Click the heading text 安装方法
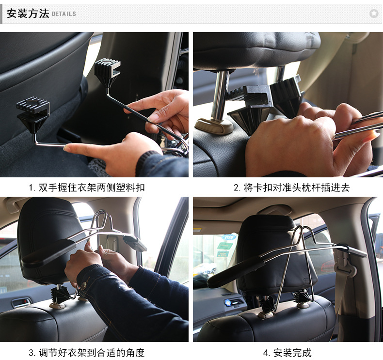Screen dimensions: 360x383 click(28, 13)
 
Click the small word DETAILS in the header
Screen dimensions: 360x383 click(64, 14)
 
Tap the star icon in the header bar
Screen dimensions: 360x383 click(373, 14)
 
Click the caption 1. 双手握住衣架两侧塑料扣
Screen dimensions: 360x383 click(86, 188)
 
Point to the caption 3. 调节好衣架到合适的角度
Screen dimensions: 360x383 click(86, 352)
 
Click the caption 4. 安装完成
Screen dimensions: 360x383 click(287, 352)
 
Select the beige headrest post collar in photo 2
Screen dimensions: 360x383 click(214, 125)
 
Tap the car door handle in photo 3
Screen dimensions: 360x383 click(20, 303)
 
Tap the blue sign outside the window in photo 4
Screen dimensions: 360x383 click(228, 237)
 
